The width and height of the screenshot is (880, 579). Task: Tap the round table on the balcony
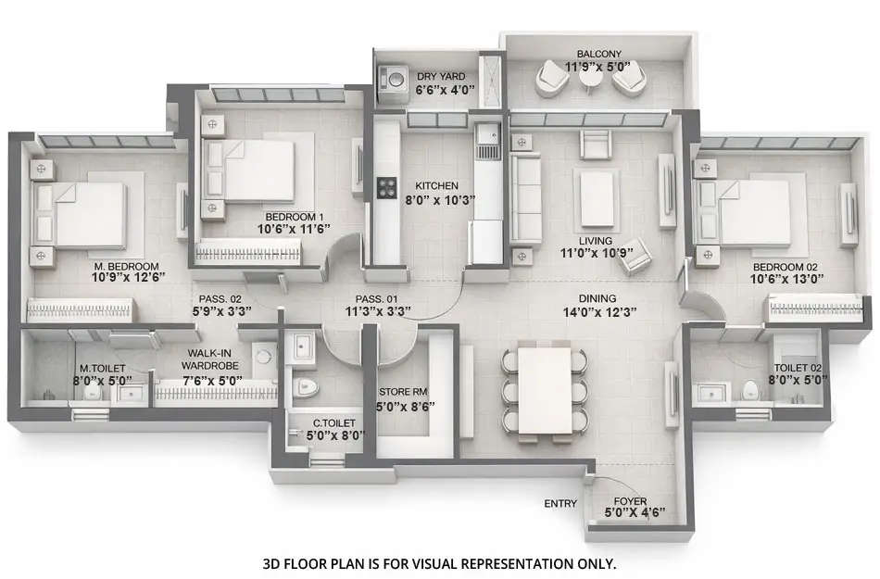(590, 81)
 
